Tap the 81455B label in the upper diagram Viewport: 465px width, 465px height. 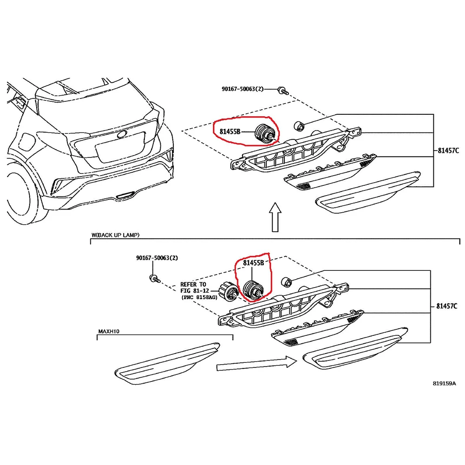(230, 132)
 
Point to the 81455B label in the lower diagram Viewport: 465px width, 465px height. (253, 263)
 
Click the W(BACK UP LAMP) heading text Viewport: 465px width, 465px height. (115, 236)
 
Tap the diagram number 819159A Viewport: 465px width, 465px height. (444, 383)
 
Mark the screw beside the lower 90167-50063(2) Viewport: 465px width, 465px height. (153, 278)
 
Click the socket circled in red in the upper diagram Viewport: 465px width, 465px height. (265, 133)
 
